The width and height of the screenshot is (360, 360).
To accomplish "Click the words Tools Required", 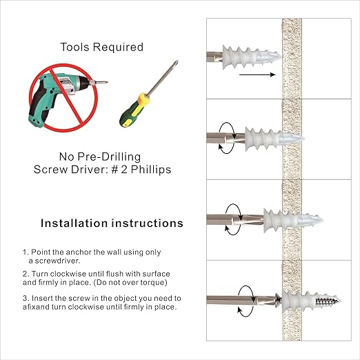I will click(x=101, y=48).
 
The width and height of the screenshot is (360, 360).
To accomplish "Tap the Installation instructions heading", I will click(x=111, y=223).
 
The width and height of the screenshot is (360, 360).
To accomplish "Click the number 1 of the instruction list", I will click(x=24, y=252).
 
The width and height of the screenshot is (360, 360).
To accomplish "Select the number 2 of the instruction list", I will click(x=25, y=274).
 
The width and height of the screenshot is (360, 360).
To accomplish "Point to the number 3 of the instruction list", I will click(x=25, y=298).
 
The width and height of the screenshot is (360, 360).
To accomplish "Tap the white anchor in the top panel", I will click(x=252, y=54).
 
